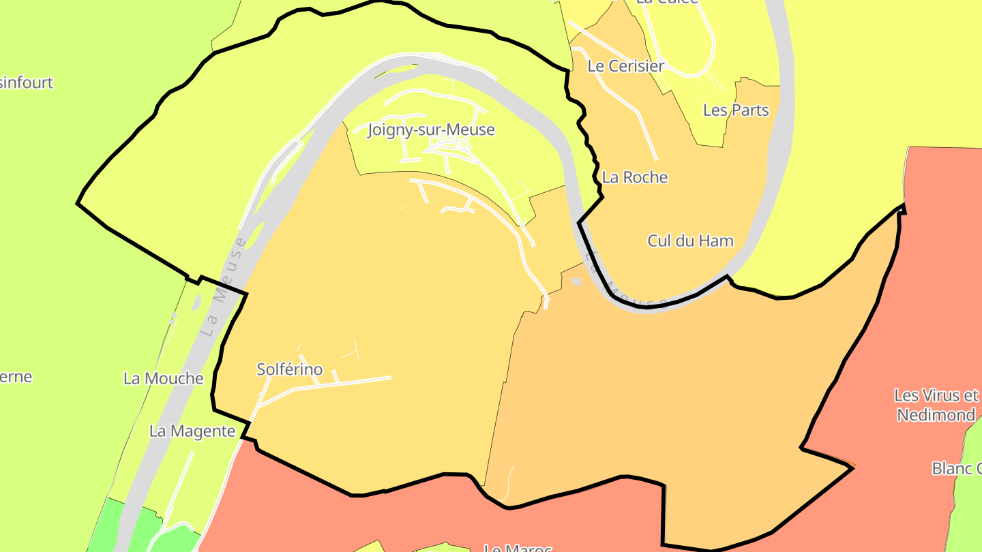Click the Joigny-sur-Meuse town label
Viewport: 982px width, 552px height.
(431, 129)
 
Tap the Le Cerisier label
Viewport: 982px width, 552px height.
(625, 66)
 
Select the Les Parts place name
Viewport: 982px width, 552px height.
(735, 110)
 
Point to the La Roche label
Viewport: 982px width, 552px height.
(634, 177)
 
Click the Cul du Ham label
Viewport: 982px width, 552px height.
(690, 241)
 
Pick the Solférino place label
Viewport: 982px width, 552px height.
(289, 369)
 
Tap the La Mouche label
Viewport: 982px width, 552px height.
(163, 379)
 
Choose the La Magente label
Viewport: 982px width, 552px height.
(192, 431)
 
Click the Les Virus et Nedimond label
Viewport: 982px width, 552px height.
(936, 405)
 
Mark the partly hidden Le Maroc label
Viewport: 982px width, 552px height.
(516, 547)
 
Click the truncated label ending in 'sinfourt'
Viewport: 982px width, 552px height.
(27, 83)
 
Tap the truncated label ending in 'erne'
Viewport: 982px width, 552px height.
(16, 377)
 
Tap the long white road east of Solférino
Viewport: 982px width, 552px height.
(341, 382)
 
